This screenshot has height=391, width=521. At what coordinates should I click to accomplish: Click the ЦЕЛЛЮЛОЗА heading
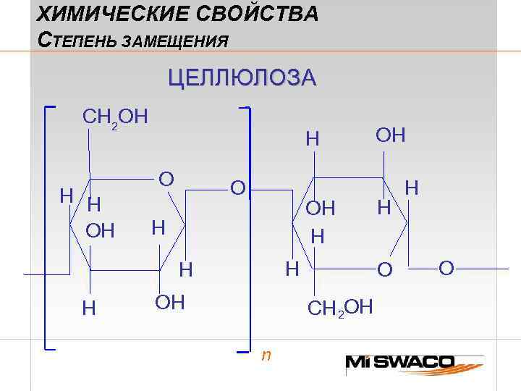click(242, 78)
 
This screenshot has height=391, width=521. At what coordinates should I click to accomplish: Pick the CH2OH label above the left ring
click(116, 117)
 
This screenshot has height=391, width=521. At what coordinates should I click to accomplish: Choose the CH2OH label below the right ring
click(340, 308)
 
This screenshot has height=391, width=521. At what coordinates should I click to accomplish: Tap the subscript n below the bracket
click(266, 355)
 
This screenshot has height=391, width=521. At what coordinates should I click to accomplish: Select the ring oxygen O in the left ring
click(166, 179)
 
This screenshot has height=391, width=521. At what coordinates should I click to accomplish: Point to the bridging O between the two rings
click(237, 188)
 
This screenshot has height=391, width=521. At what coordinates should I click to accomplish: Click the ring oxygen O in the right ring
click(386, 269)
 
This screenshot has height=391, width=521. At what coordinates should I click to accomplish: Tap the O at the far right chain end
click(446, 269)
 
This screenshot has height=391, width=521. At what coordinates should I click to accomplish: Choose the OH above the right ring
click(390, 135)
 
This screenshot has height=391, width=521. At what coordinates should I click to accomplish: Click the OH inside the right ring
click(320, 209)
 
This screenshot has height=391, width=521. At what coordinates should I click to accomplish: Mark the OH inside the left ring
click(101, 231)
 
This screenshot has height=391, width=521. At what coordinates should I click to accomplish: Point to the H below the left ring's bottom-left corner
click(89, 308)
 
